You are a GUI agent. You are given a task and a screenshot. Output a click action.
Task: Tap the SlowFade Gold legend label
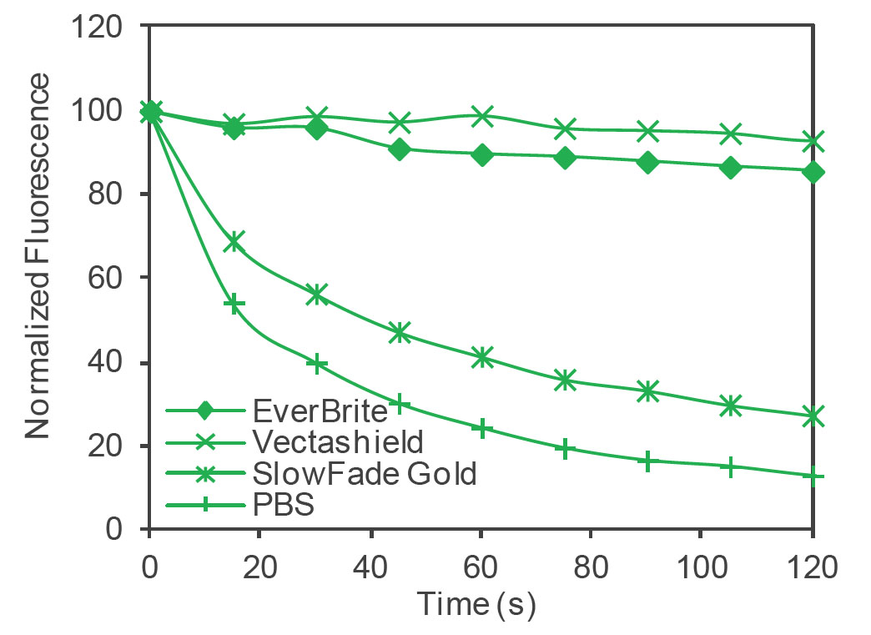click(x=363, y=473)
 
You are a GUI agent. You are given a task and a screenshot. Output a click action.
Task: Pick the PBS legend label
click(x=282, y=504)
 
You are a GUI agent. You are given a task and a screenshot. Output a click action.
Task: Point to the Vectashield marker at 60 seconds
click(x=481, y=116)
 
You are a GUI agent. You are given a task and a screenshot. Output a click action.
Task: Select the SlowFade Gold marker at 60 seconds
click(x=481, y=357)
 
